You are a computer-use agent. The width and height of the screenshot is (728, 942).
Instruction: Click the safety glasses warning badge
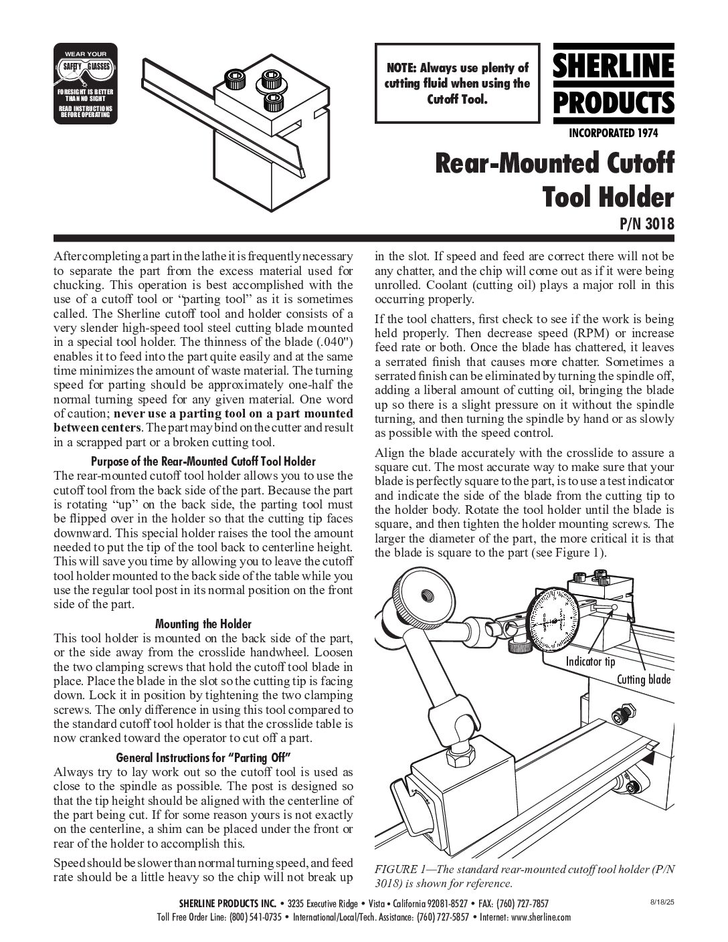(x=85, y=83)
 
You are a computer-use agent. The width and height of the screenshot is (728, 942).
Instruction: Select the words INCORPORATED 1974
(x=613, y=132)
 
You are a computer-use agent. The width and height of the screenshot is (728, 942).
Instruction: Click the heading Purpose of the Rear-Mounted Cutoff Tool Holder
(x=202, y=462)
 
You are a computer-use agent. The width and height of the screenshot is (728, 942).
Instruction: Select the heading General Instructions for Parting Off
(x=202, y=758)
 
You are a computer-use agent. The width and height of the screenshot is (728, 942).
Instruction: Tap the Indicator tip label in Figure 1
(x=590, y=662)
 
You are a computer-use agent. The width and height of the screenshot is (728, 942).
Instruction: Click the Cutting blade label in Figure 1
(x=643, y=679)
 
